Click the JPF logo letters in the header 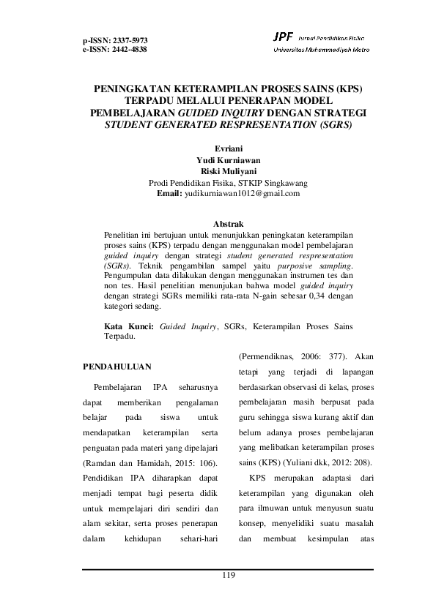[x=281, y=36]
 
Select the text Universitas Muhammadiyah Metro [x=321, y=49]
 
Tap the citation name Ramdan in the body [x=99, y=463]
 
